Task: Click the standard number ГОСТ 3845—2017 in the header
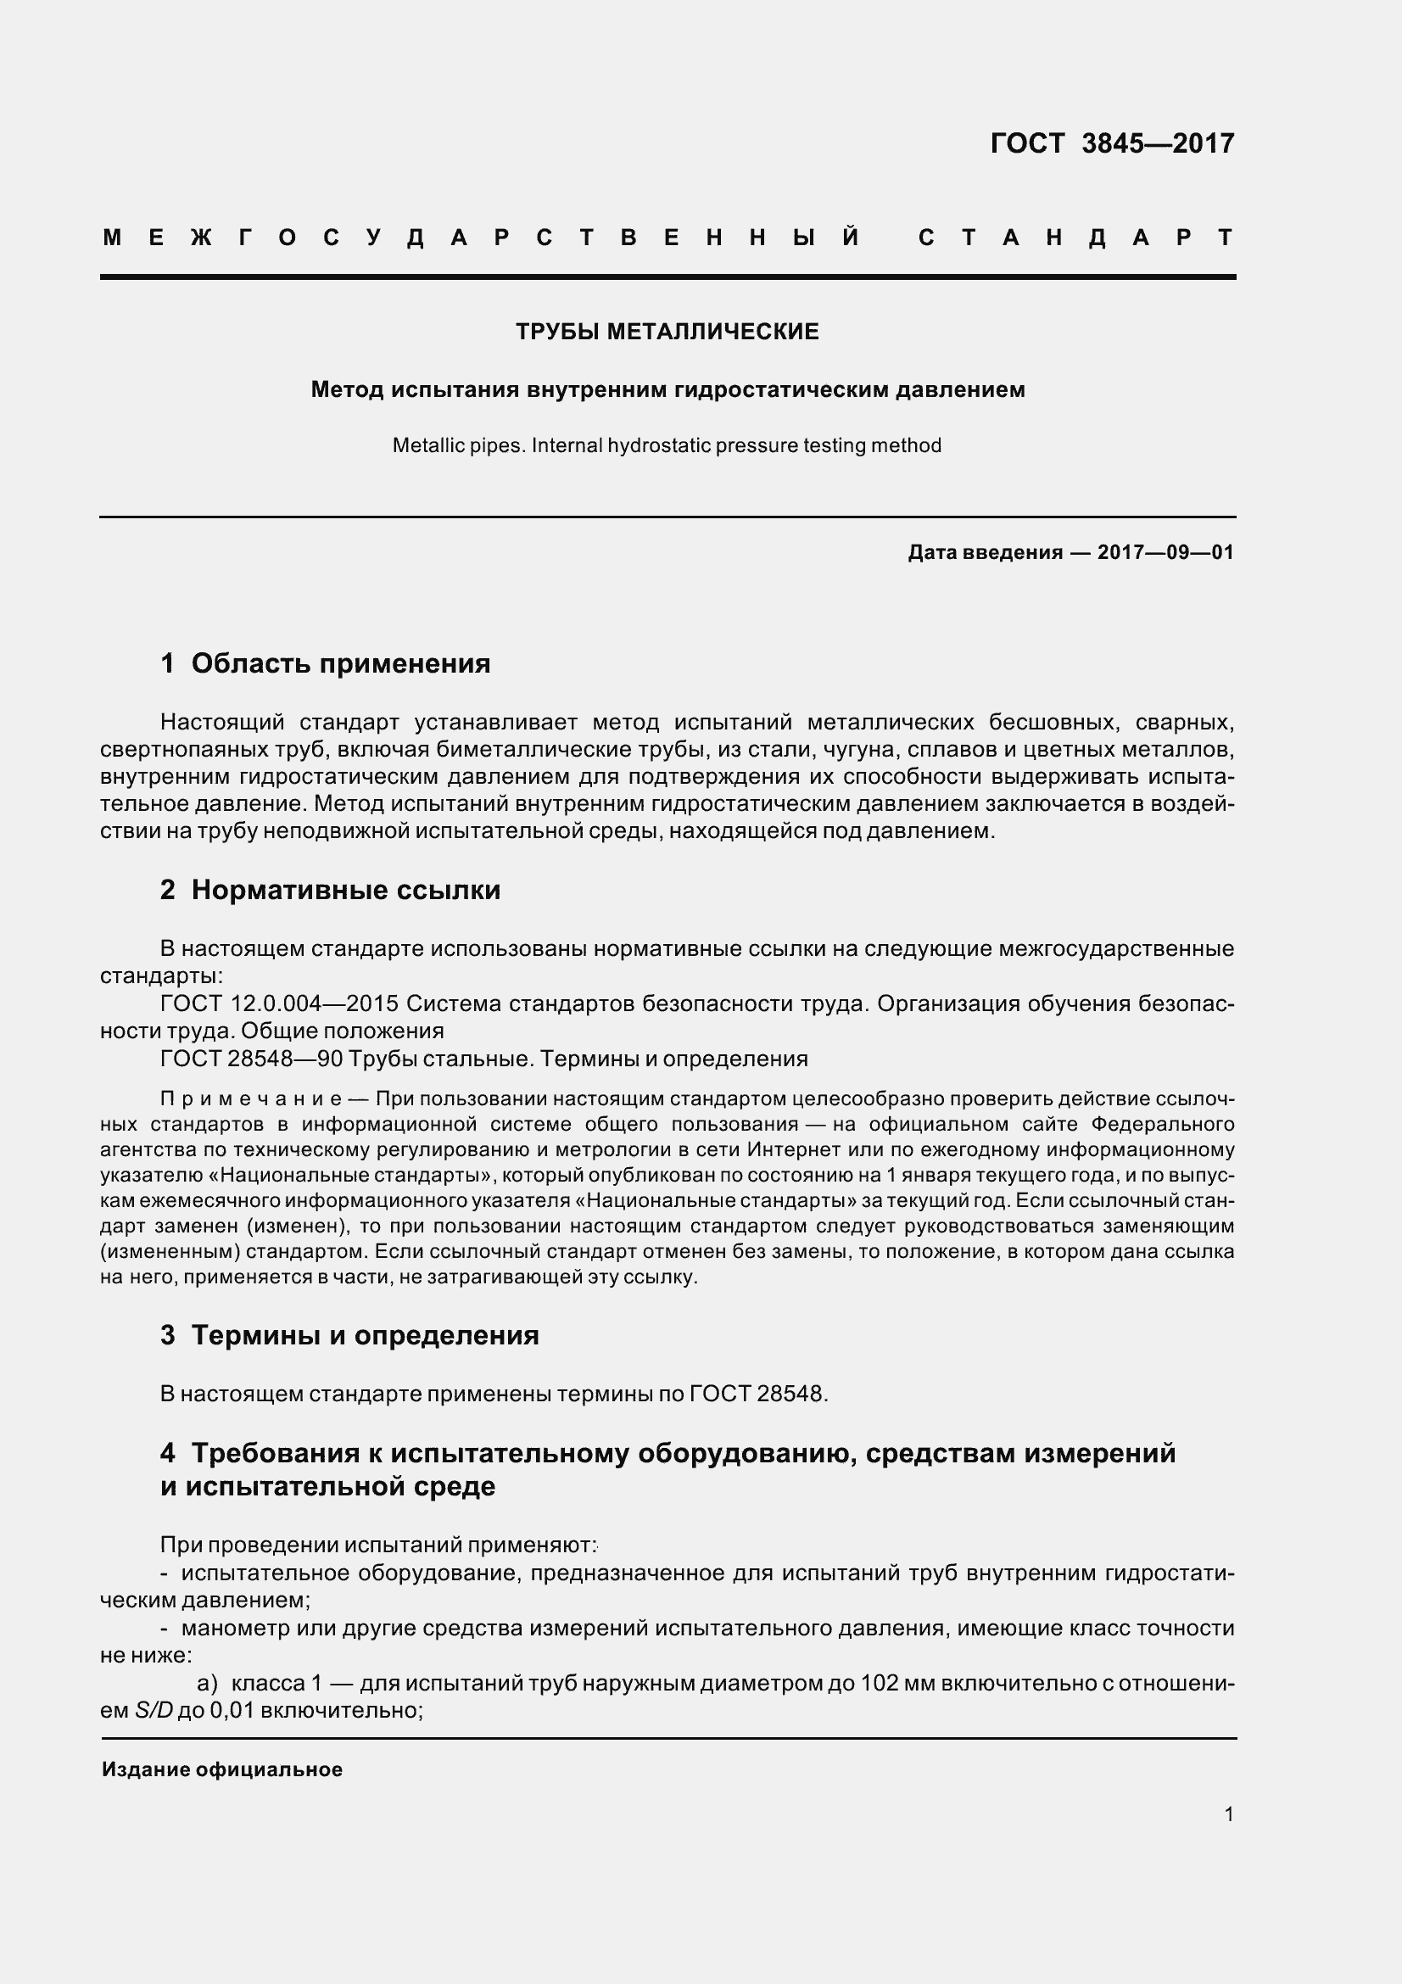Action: (1112, 143)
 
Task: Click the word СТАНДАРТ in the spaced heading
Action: (1075, 238)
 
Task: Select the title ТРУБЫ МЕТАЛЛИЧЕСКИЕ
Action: (667, 332)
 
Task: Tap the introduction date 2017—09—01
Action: (1165, 552)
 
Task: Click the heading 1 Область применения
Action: (326, 662)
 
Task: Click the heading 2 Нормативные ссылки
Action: (330, 889)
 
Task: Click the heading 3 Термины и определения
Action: (349, 1334)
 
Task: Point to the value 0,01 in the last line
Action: (232, 1710)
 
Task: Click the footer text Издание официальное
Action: (222, 1769)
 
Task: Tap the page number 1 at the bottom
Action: (1228, 1814)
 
